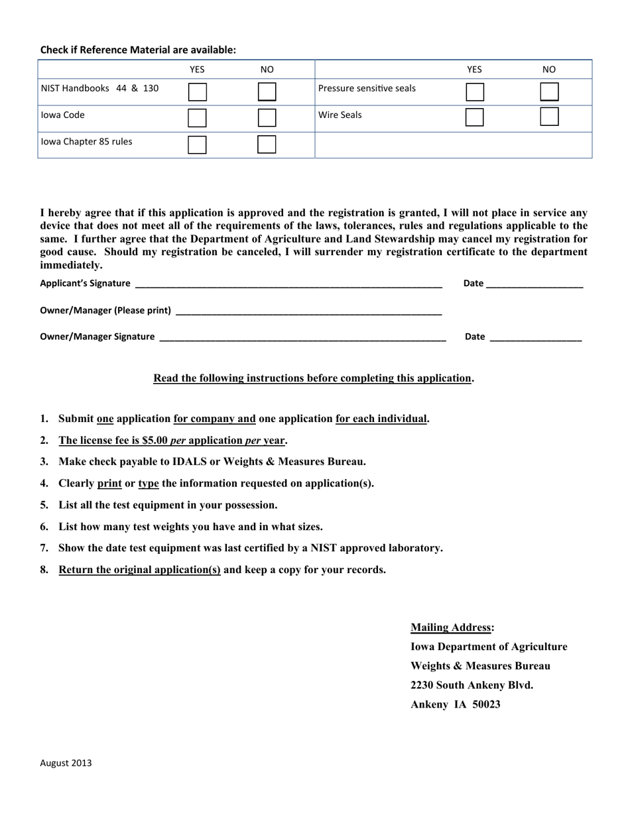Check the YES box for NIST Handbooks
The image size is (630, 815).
pos(197,91)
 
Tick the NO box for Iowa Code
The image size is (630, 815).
pos(267,118)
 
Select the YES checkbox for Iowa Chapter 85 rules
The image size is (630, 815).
pos(197,144)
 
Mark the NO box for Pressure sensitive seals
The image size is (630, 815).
pos(549,91)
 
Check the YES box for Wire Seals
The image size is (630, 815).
pos(474,117)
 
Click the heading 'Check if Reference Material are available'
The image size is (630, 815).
pos(138,50)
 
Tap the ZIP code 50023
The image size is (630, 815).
pos(487,704)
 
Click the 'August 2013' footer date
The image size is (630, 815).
pos(66,763)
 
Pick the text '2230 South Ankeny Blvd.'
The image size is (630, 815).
pos(472,685)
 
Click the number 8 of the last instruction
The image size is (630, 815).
pos(44,570)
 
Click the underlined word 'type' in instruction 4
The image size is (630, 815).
pos(149,483)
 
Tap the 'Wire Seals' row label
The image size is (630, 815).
pos(340,115)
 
